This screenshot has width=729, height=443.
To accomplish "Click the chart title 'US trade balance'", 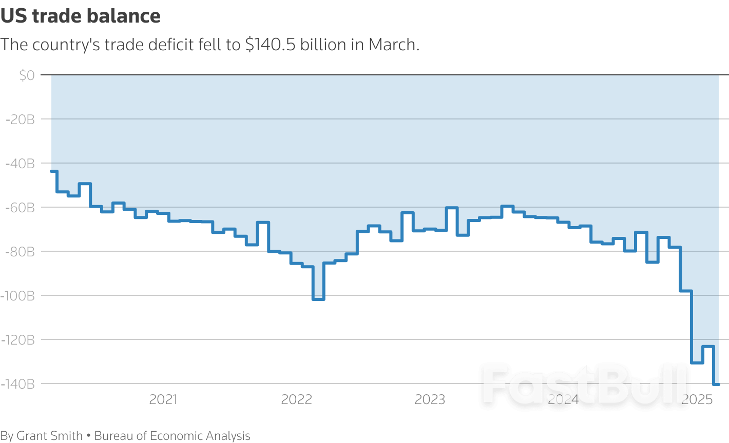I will pyautogui.click(x=81, y=16).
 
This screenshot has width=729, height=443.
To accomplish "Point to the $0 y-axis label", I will pyautogui.click(x=27, y=75).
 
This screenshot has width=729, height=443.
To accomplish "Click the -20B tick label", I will pyautogui.click(x=21, y=119).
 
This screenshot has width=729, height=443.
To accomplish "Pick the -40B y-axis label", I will pyautogui.click(x=21, y=164).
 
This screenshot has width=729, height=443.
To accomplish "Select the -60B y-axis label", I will pyautogui.click(x=21, y=208).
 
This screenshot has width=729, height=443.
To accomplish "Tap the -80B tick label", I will pyautogui.click(x=21, y=252).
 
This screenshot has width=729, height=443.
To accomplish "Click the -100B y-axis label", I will pyautogui.click(x=18, y=296).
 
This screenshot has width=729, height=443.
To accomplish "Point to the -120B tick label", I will pyautogui.click(x=18, y=340).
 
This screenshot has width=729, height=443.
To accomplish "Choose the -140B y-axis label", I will pyautogui.click(x=18, y=384).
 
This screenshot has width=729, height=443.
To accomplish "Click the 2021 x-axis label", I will pyautogui.click(x=163, y=399).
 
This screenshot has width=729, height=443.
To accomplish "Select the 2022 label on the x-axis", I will pyautogui.click(x=297, y=399).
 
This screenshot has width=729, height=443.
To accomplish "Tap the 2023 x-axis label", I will pyautogui.click(x=430, y=399).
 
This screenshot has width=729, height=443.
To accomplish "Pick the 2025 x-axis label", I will pyautogui.click(x=697, y=399).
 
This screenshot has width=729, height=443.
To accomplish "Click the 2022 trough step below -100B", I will pyautogui.click(x=318, y=299).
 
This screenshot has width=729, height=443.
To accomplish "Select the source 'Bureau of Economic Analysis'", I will pyautogui.click(x=172, y=436).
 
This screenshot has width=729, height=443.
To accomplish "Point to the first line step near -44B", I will pyautogui.click(x=53, y=171).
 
